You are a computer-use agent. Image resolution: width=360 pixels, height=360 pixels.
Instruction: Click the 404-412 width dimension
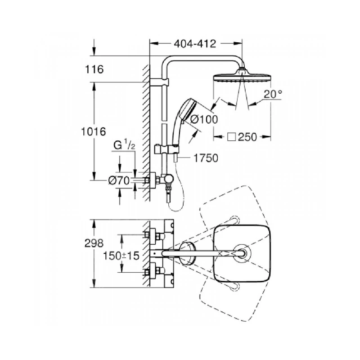point(194,44)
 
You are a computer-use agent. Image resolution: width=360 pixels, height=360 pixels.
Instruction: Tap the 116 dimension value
point(95,69)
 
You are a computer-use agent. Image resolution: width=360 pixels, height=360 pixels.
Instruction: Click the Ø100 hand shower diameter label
point(203,119)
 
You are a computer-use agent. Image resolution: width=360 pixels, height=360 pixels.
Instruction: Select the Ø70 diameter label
point(119,180)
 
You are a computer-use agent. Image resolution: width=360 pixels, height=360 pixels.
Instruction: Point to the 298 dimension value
point(95,243)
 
